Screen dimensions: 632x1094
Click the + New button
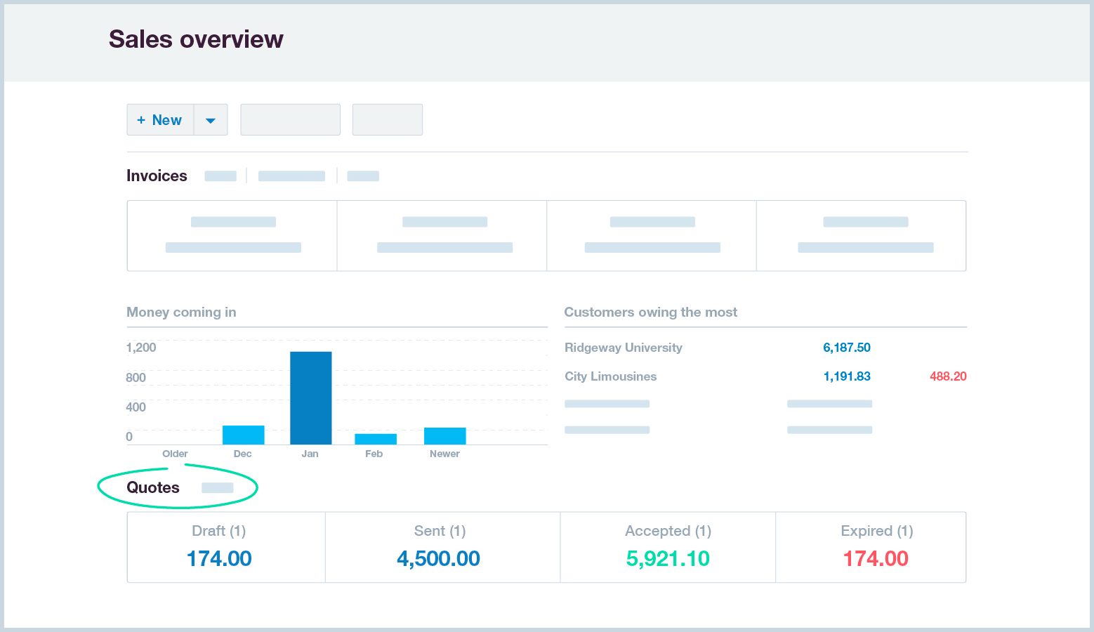click(x=160, y=120)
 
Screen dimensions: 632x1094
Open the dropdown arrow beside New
click(x=211, y=120)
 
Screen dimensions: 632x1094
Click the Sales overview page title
click(x=196, y=39)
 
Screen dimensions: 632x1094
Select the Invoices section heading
click(x=157, y=176)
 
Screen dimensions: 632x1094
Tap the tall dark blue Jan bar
click(x=310, y=397)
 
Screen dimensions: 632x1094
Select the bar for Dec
click(x=243, y=435)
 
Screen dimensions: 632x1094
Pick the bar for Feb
click(x=375, y=439)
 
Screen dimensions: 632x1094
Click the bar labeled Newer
click(x=444, y=435)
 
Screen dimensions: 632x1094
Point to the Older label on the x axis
click(x=175, y=454)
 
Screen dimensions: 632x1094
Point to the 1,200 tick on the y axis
click(x=141, y=348)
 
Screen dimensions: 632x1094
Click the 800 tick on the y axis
click(x=136, y=378)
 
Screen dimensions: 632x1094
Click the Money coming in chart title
click(x=181, y=312)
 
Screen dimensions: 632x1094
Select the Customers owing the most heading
click(x=650, y=312)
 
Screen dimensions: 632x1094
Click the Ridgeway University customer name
click(x=623, y=348)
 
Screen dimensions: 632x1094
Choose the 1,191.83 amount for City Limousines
click(x=846, y=376)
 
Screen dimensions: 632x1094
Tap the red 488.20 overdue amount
click(x=948, y=376)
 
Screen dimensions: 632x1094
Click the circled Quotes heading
click(x=153, y=487)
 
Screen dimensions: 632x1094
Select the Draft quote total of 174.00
click(x=219, y=558)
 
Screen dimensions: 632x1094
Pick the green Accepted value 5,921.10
click(x=668, y=558)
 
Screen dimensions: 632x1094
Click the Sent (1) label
click(x=440, y=531)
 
